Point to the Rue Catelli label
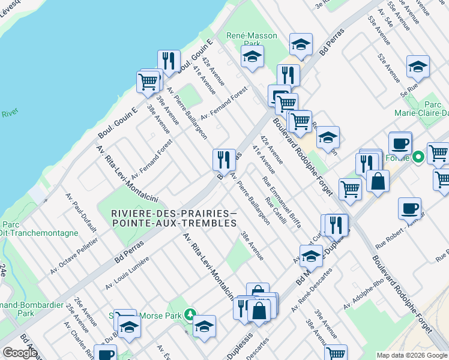click(x=276, y=213)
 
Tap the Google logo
click(x=20, y=353)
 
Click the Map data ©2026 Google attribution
click(x=412, y=355)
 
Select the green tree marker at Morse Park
click(x=190, y=314)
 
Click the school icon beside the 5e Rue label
click(x=418, y=67)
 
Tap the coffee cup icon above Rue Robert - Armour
click(x=409, y=208)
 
